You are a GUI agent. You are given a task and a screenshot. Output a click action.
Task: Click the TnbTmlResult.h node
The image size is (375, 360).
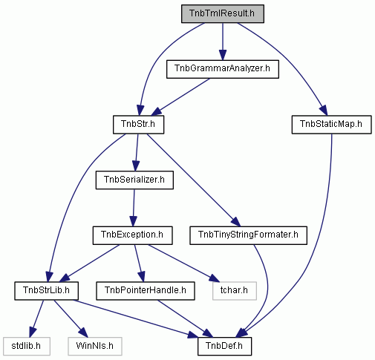(223, 14)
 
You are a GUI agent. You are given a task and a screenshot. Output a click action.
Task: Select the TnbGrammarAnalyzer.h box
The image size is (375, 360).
(223, 69)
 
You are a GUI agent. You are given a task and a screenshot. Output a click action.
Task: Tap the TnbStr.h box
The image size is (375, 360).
(138, 125)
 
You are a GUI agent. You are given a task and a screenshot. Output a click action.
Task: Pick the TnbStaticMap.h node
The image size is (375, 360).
(331, 125)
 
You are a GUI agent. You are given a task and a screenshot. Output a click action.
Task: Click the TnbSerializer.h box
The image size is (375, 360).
(134, 180)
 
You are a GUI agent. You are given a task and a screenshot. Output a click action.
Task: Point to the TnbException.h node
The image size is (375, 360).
(132, 235)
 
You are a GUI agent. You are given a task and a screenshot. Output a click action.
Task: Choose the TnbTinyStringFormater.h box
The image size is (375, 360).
(248, 235)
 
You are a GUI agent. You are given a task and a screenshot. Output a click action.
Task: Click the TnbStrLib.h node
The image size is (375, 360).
(46, 291)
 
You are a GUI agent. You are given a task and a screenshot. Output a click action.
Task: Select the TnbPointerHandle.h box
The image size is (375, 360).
(146, 291)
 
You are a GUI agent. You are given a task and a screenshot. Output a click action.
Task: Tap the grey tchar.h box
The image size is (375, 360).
(235, 291)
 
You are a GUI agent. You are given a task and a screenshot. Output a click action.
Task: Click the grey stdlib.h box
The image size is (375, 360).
(27, 346)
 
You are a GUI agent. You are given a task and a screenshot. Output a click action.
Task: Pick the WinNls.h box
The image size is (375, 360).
(95, 346)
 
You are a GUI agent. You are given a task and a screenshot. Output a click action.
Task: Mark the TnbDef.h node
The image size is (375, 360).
(224, 346)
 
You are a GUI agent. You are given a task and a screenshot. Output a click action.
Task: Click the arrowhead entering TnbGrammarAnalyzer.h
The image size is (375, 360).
(223, 55)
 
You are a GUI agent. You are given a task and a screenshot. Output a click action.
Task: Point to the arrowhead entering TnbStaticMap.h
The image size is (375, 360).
(324, 111)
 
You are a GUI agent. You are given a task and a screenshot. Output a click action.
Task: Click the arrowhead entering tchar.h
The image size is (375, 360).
(215, 278)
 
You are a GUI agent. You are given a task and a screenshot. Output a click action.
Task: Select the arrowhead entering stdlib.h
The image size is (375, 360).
(33, 333)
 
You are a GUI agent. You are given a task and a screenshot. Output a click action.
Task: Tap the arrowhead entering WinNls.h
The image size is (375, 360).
(84, 333)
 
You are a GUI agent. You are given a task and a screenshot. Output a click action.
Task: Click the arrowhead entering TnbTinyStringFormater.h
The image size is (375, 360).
(236, 222)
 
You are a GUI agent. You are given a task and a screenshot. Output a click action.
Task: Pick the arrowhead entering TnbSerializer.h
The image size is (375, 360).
(135, 166)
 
